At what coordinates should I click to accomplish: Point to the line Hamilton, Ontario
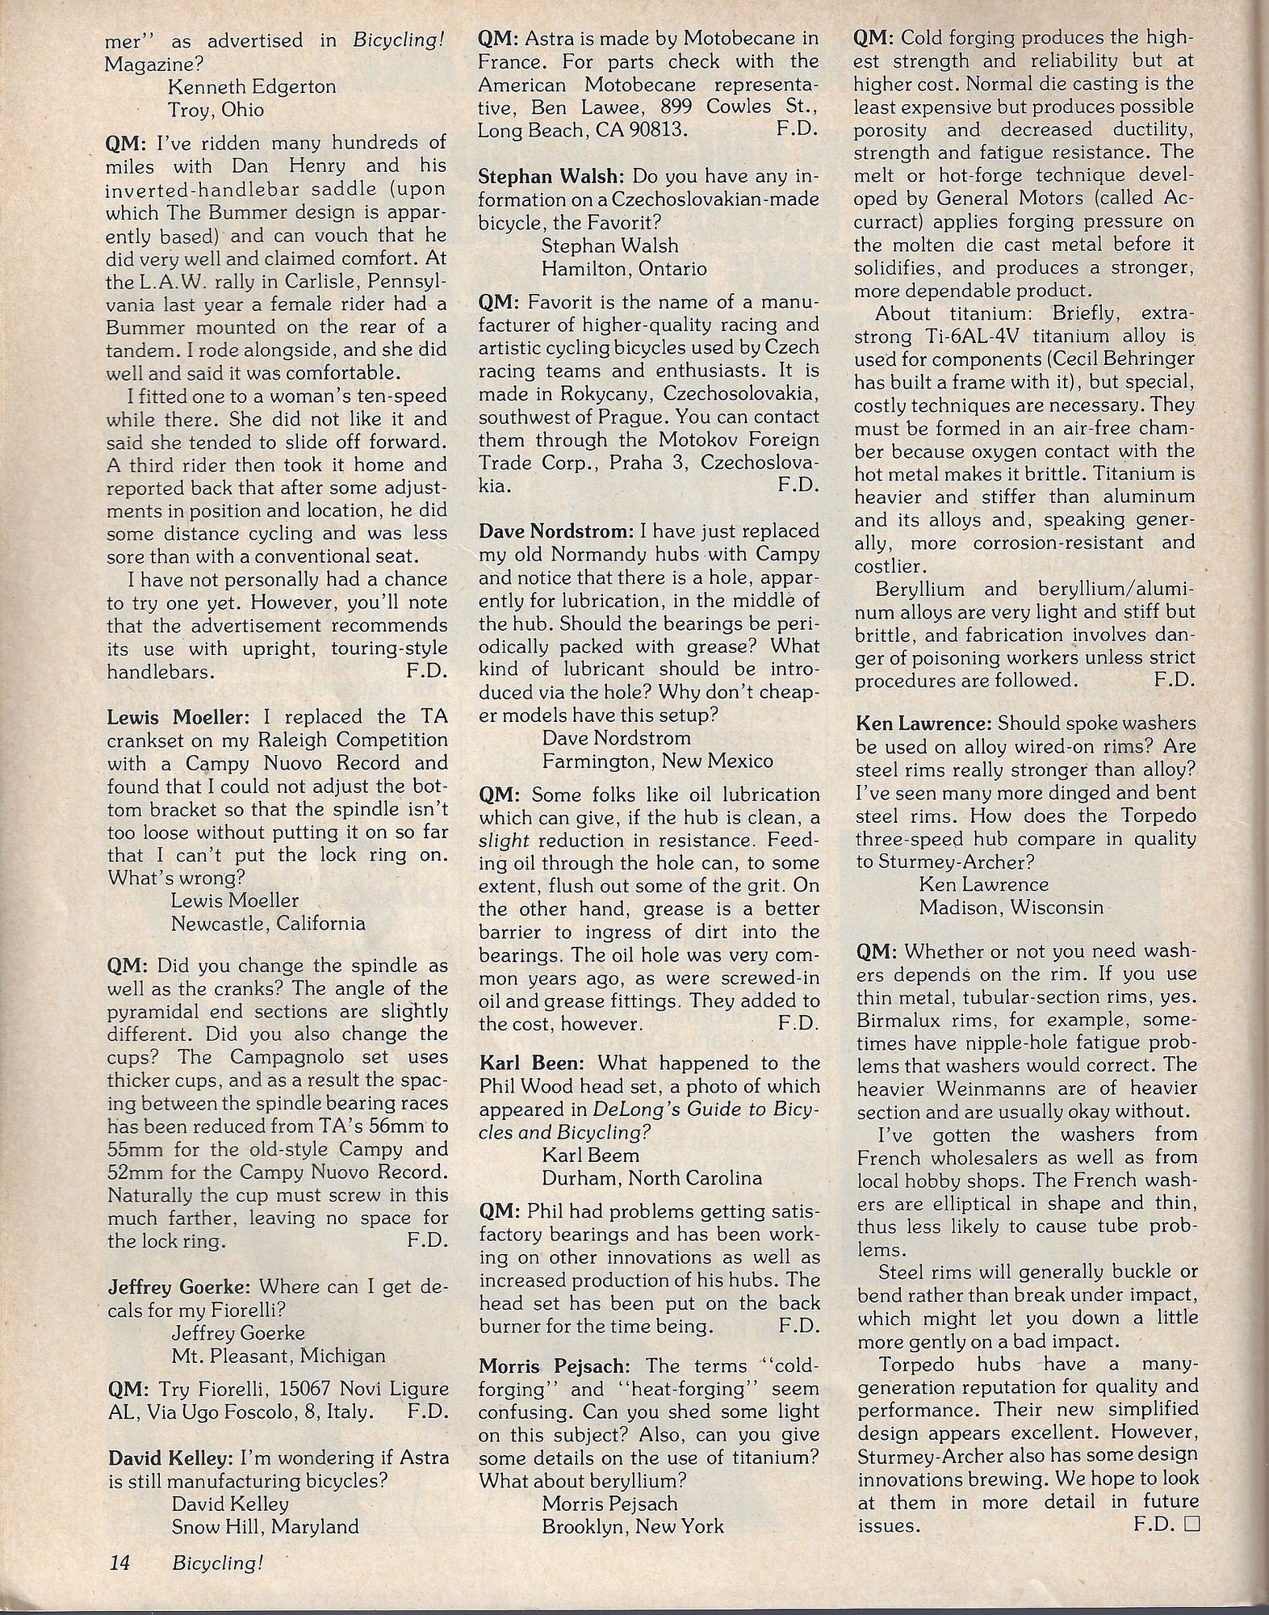624,268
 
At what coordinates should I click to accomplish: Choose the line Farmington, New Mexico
657,761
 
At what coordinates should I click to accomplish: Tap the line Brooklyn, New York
633,1527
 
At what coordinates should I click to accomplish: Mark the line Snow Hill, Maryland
265,1527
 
